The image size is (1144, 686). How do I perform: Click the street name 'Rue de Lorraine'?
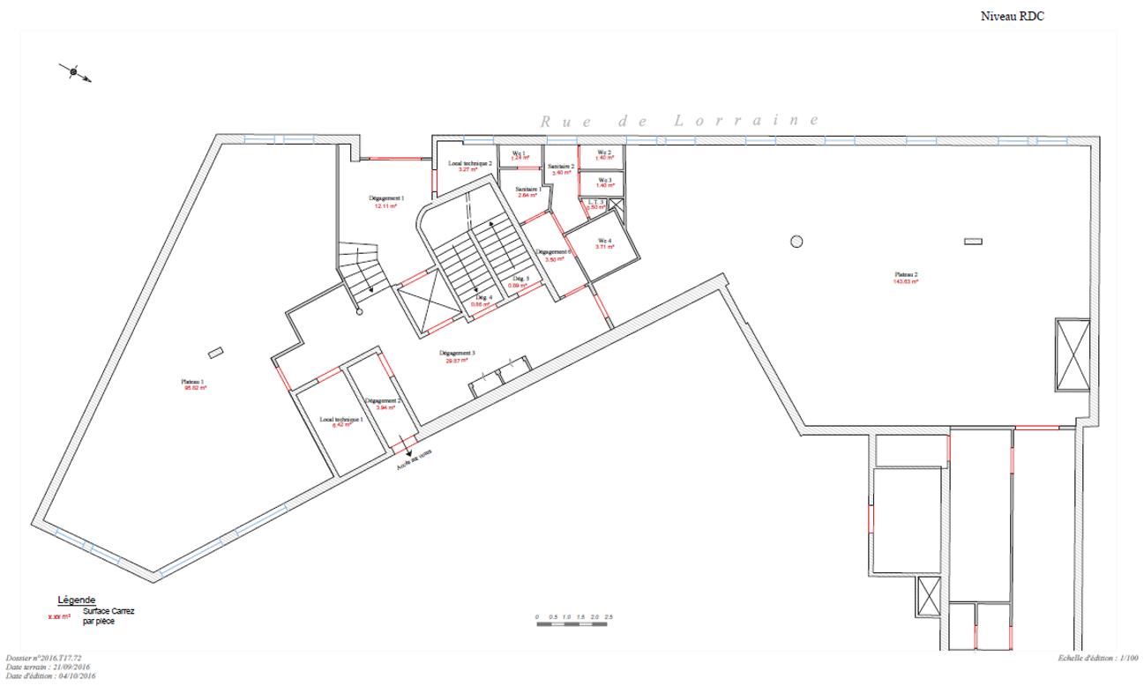pyautogui.click(x=679, y=121)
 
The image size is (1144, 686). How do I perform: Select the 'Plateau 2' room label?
pyautogui.click(x=906, y=274)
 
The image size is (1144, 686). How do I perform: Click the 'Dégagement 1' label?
pyautogui.click(x=385, y=198)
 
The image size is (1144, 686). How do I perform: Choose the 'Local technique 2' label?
pyautogui.click(x=469, y=163)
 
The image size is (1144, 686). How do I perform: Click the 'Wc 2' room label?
pyautogui.click(x=604, y=153)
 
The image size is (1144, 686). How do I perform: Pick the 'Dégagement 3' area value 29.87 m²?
pyautogui.click(x=457, y=361)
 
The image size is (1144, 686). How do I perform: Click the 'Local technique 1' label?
pyautogui.click(x=341, y=419)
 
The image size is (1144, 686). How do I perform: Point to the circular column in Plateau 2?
pyautogui.click(x=796, y=241)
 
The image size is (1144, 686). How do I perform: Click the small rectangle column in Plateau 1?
pyautogui.click(x=216, y=354)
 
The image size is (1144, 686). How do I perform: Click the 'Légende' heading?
pyautogui.click(x=76, y=600)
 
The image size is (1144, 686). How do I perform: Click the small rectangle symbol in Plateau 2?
pyautogui.click(x=973, y=241)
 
